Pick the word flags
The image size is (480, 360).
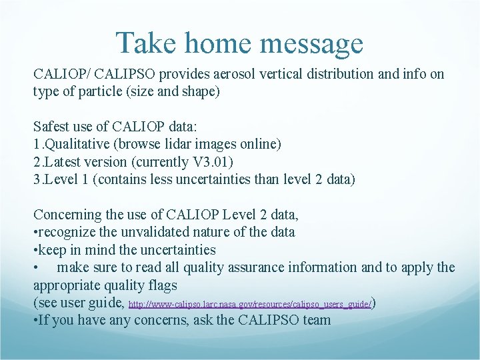click(x=163, y=285)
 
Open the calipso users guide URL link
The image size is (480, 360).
click(x=249, y=304)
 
